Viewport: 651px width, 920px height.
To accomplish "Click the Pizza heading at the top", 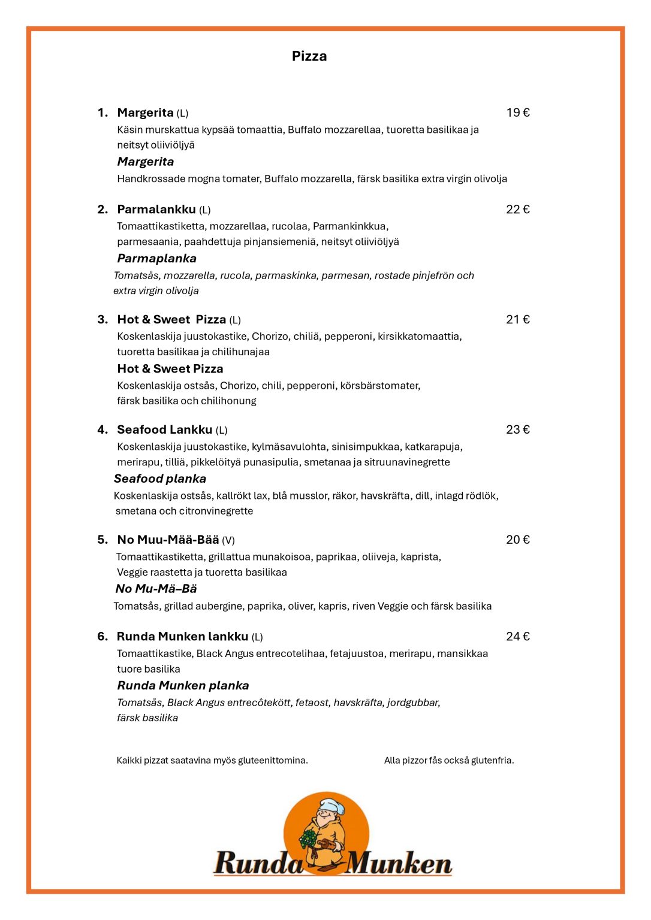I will pyautogui.click(x=309, y=56).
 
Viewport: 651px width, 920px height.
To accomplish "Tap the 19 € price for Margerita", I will pyautogui.click(x=517, y=113).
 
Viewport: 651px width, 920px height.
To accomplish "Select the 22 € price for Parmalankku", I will pyautogui.click(x=517, y=209).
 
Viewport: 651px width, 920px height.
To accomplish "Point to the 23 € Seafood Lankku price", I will pyautogui.click(x=517, y=429).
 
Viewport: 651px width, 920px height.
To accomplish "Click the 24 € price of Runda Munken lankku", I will pyautogui.click(x=517, y=636).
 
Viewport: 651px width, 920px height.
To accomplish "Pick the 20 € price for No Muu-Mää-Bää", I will pyautogui.click(x=517, y=540).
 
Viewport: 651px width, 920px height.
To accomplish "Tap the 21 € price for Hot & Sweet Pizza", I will pyautogui.click(x=517, y=319).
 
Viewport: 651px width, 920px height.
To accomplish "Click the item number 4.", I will pyautogui.click(x=103, y=429).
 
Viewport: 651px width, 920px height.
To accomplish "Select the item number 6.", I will pyautogui.click(x=103, y=636).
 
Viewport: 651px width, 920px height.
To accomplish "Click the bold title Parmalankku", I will pyautogui.click(x=156, y=209).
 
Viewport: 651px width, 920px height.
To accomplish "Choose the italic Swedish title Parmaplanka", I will pyautogui.click(x=156, y=258).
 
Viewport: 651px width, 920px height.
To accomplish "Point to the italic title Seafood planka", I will pyautogui.click(x=160, y=479).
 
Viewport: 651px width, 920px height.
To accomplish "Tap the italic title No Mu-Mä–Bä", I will pyautogui.click(x=156, y=589).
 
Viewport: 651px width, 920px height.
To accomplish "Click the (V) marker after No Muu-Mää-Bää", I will pyautogui.click(x=228, y=540).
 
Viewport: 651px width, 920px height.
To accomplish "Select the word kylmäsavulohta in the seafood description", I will pyautogui.click(x=290, y=447).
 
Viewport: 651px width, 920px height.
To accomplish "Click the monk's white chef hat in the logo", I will pyautogui.click(x=331, y=806).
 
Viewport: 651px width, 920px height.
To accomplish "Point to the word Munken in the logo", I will pyautogui.click(x=398, y=863).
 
